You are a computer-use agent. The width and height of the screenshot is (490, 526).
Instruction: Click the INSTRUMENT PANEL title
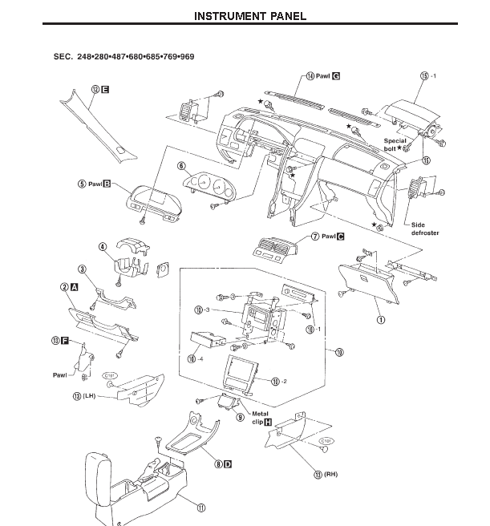(x=251, y=16)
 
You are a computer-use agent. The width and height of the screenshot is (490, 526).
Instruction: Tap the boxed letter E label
(x=106, y=90)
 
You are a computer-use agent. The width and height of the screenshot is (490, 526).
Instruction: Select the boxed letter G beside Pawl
(x=337, y=75)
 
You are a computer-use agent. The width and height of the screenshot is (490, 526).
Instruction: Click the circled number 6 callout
(x=182, y=166)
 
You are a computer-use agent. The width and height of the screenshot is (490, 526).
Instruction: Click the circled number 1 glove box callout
(x=380, y=318)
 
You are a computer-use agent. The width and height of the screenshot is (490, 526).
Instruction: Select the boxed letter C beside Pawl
(x=340, y=237)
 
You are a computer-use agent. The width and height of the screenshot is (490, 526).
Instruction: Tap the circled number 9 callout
(x=240, y=417)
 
